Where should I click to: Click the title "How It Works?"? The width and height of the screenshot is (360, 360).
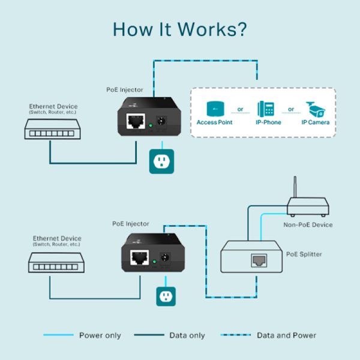pyautogui.click(x=179, y=29)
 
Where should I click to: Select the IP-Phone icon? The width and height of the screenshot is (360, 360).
pyautogui.click(x=266, y=109)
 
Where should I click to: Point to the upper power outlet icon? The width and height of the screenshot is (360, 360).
pyautogui.click(x=161, y=161)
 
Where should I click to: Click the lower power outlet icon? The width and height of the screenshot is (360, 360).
pyautogui.click(x=168, y=296)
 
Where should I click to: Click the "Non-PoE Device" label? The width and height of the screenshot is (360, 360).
pyautogui.click(x=307, y=225)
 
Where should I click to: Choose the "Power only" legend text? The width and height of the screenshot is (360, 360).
pyautogui.click(x=99, y=335)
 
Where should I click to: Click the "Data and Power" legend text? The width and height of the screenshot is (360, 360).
pyautogui.click(x=286, y=335)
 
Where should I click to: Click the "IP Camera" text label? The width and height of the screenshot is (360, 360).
pyautogui.click(x=315, y=122)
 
